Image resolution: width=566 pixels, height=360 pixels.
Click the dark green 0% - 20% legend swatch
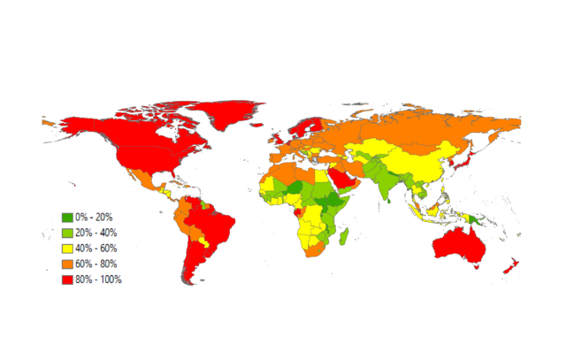coord(67,217)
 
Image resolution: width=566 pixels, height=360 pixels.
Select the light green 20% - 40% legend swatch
coord(67,233)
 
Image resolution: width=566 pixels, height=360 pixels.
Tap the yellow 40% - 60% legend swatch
coord(67,248)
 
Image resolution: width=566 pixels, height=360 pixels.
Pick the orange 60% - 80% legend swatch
coord(67,264)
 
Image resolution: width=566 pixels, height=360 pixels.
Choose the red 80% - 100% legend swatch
coord(67,280)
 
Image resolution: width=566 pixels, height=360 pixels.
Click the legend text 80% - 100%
coord(98,280)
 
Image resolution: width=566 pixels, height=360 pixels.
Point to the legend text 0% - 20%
coord(94,217)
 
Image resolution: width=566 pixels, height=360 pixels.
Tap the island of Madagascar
coord(343,237)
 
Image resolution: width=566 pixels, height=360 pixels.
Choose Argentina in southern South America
coord(201,265)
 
